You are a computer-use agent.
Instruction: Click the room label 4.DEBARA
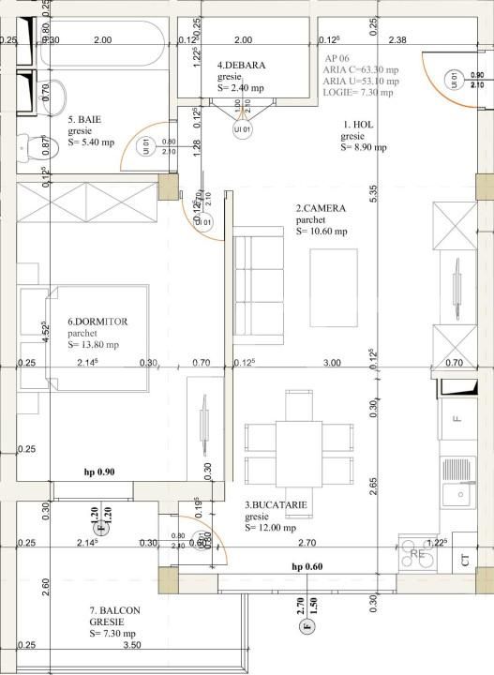(241, 65)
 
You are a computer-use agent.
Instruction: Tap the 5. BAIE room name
(84, 120)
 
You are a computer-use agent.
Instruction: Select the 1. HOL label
(358, 124)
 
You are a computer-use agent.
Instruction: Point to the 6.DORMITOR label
(97, 322)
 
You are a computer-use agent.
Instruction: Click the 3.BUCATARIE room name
(276, 504)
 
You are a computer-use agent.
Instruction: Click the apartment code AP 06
(335, 58)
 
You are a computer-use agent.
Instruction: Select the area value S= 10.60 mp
(322, 231)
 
